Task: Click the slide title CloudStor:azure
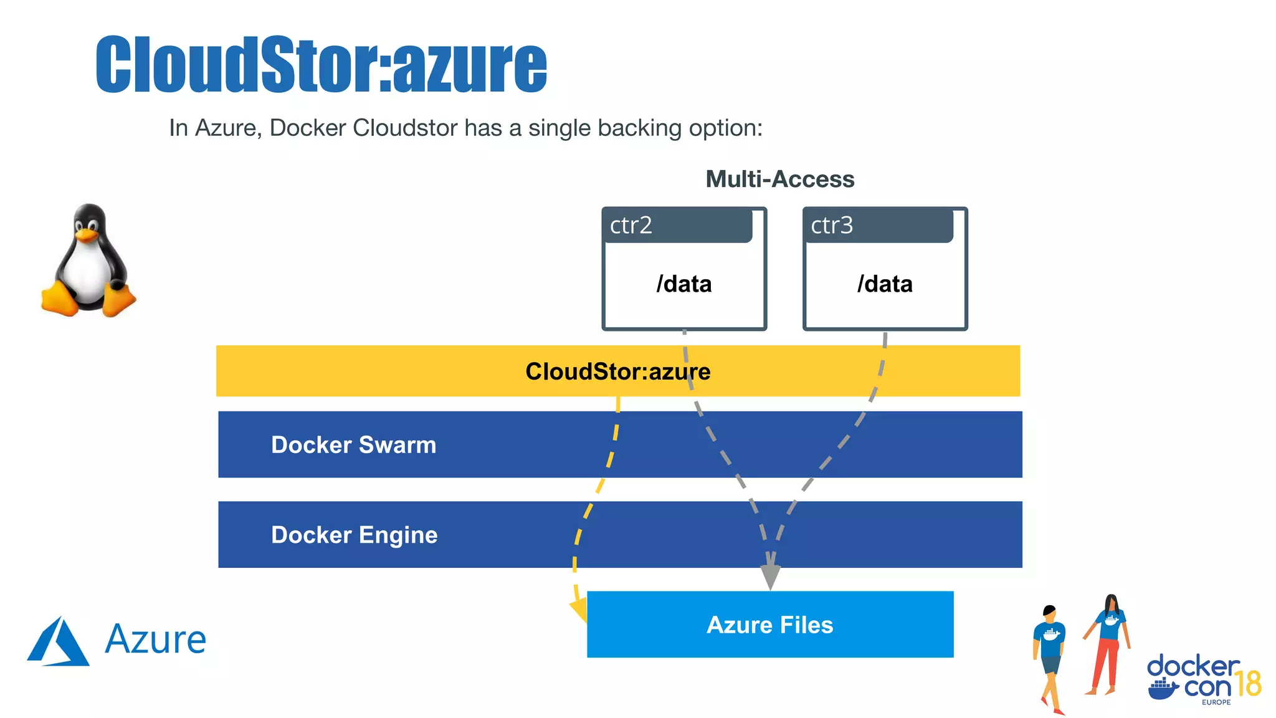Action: pos(321,65)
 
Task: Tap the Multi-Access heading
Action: pos(779,179)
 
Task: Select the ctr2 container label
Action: pos(631,225)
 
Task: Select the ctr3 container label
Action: pos(832,225)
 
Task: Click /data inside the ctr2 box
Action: pos(684,284)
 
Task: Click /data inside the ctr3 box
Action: pos(885,284)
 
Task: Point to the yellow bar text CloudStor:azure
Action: pos(617,371)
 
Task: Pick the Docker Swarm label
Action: pos(353,445)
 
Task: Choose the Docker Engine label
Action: pos(354,535)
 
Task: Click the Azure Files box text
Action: pos(769,625)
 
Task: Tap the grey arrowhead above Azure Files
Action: pos(770,576)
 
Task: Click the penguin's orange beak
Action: pos(87,235)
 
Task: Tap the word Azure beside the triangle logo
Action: pos(156,640)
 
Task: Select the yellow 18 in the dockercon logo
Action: pos(1248,684)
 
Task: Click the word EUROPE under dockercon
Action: pos(1216,702)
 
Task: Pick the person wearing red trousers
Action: pos(1108,645)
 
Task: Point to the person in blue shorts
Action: pos(1050,658)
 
